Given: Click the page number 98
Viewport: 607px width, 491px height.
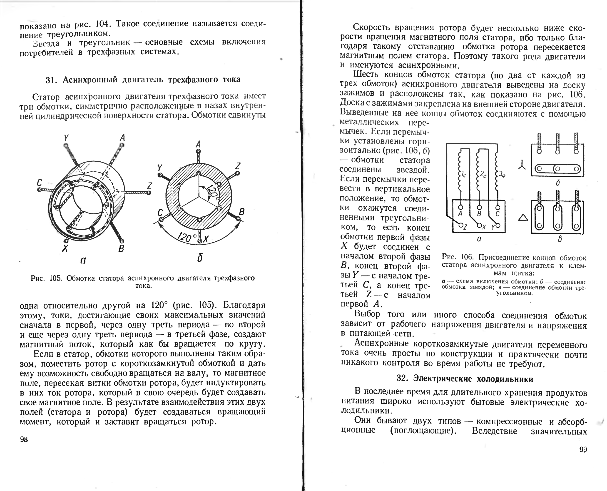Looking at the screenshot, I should (24, 439).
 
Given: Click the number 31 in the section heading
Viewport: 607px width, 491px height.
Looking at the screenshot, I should (50, 80).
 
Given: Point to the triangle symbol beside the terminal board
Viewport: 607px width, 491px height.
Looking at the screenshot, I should (523, 218).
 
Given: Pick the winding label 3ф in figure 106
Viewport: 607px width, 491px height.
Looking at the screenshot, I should (502, 174).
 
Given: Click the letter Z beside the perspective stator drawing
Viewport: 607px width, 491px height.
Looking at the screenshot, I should (149, 186).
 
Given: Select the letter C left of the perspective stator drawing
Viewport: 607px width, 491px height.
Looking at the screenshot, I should (40, 183).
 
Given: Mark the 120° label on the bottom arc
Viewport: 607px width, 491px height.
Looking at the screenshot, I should (185, 237).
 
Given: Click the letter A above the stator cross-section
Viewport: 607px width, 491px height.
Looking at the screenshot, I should (198, 145).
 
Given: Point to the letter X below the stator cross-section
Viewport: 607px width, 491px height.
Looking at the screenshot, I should (205, 240).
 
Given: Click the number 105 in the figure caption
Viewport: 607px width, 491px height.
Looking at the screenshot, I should (56, 278).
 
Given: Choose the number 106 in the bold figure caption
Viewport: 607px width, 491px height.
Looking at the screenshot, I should (467, 257).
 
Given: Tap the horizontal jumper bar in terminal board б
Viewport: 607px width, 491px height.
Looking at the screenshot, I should (557, 169).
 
